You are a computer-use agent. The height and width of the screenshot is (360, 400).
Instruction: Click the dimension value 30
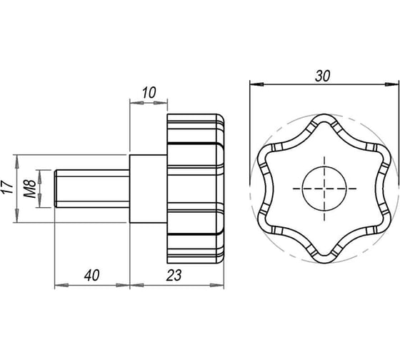coord(322,76)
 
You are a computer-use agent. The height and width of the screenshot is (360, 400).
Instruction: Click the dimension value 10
coord(149,93)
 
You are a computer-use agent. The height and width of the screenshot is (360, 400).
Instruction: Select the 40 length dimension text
coord(92,276)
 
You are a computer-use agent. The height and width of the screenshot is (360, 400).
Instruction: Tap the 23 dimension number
coord(174,276)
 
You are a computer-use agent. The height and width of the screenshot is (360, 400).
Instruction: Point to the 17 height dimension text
coord(8,187)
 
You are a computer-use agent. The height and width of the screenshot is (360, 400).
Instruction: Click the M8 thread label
coord(30,189)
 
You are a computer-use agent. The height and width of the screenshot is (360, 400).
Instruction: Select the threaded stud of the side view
coord(92,189)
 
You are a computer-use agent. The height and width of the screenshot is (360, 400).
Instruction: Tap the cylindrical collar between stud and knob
coord(149,189)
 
